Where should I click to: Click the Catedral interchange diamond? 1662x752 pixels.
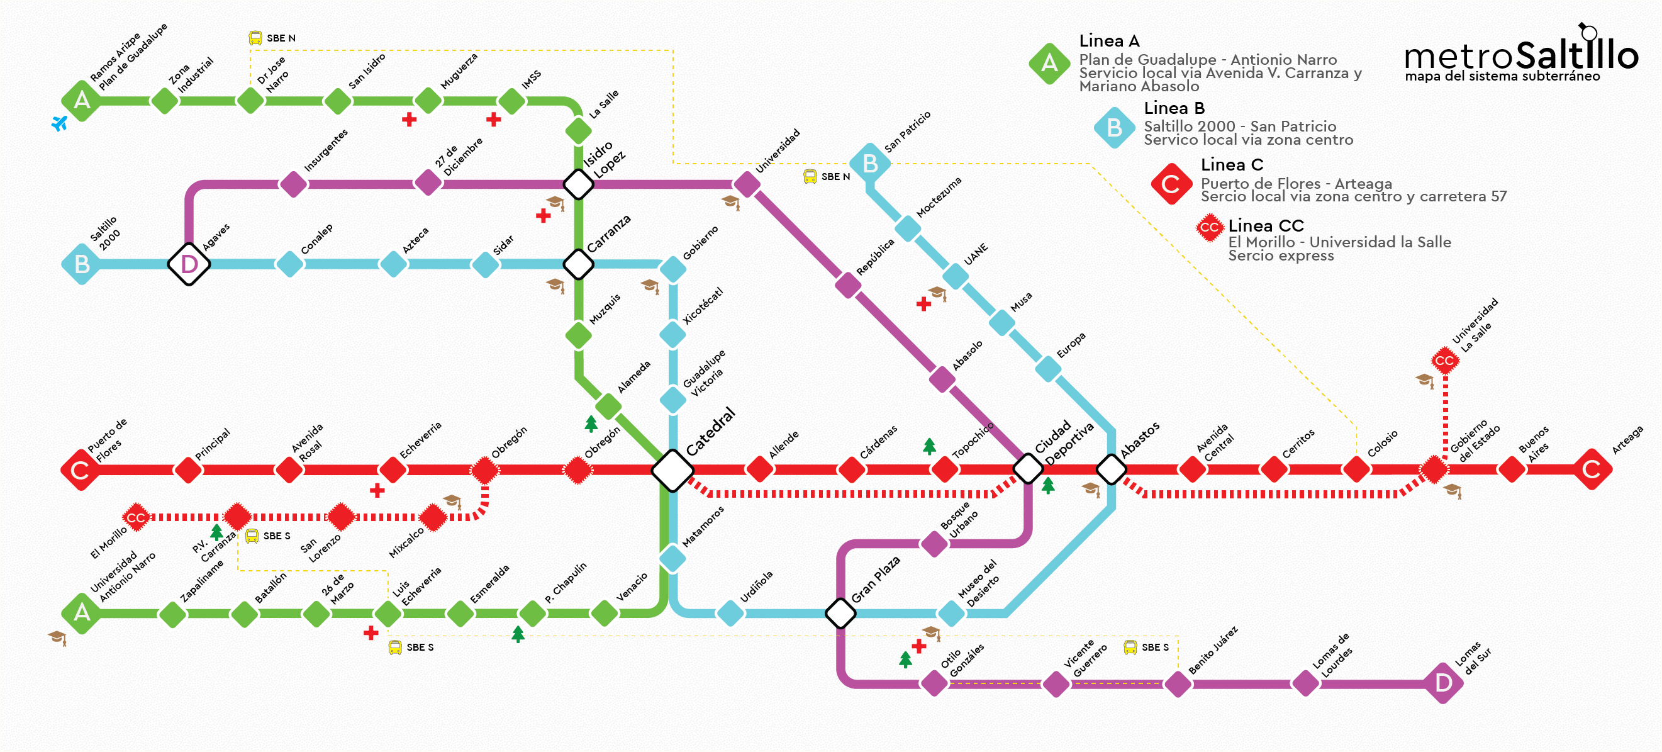pyautogui.click(x=672, y=470)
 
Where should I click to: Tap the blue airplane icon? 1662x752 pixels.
pyautogui.click(x=59, y=123)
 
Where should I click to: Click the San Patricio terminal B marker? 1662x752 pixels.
pyautogui.click(x=870, y=164)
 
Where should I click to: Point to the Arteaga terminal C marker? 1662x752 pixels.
pyautogui.click(x=1592, y=469)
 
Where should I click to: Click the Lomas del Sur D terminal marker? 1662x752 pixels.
pyautogui.click(x=1443, y=682)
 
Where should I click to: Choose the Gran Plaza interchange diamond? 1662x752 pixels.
pyautogui.click(x=840, y=612)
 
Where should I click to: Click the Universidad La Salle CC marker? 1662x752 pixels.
pyautogui.click(x=1444, y=360)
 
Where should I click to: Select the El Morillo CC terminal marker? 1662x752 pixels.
pyautogui.click(x=135, y=517)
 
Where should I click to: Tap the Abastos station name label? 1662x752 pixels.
pyautogui.click(x=1140, y=440)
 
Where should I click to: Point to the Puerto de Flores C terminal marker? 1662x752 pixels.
pyautogui.click(x=80, y=470)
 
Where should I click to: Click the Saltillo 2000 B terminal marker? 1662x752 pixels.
pyautogui.click(x=82, y=264)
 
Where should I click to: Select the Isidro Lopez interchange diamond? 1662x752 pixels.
pyautogui.click(x=579, y=184)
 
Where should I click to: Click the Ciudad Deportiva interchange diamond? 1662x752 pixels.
pyautogui.click(x=1029, y=469)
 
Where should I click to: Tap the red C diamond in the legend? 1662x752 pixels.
pyautogui.click(x=1171, y=184)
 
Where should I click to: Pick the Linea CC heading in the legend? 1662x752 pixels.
pyautogui.click(x=1266, y=226)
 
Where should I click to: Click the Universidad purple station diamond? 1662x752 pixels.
pyautogui.click(x=747, y=184)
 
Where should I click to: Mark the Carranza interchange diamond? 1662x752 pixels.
pyautogui.click(x=579, y=264)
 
